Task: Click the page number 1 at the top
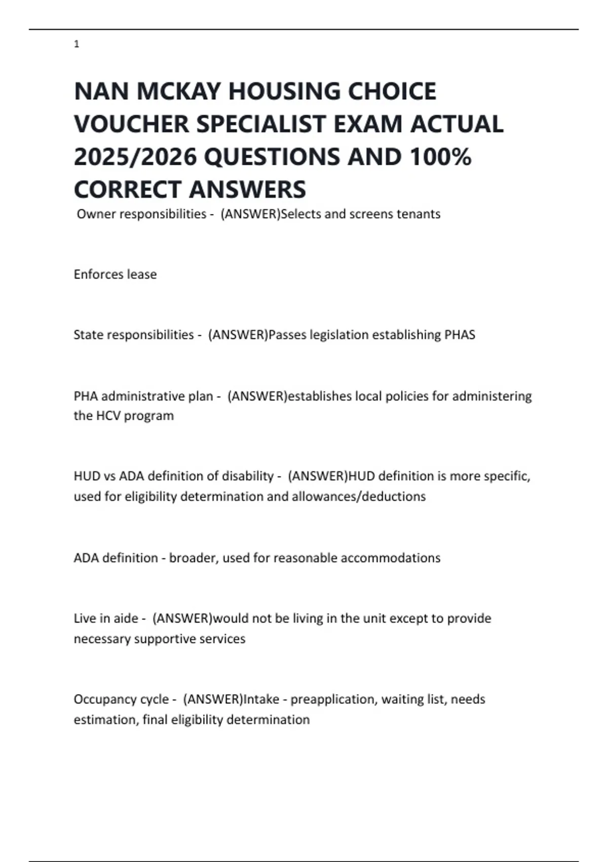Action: (77, 45)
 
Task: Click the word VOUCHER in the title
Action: (131, 124)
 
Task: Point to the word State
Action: (88, 335)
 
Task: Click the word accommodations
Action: (390, 558)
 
